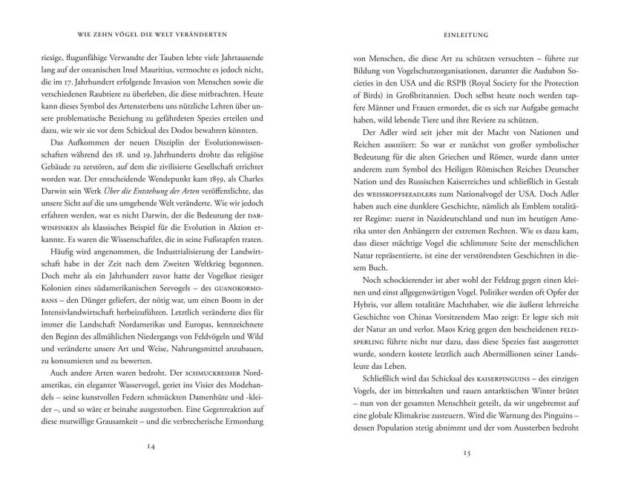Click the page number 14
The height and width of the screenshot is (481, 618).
151,445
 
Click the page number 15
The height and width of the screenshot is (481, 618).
467,452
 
